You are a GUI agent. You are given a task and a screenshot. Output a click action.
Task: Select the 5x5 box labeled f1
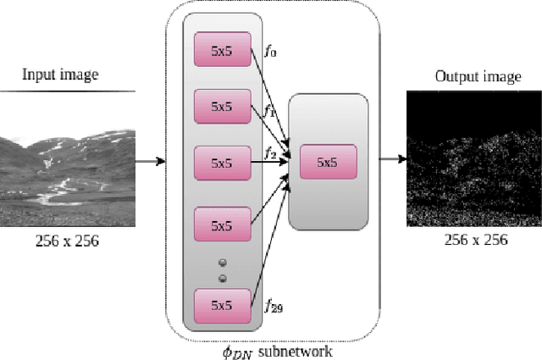coord(223,106)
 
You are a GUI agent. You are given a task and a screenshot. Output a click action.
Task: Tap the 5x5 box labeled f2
coord(223,162)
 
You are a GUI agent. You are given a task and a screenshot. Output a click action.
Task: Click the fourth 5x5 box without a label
coord(223,225)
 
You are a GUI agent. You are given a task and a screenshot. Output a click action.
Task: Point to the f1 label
coord(269,110)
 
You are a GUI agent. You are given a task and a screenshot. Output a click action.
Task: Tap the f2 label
coord(270,153)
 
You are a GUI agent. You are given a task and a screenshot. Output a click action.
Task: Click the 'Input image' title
coord(60,75)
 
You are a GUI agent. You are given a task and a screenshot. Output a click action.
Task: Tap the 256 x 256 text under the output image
coord(475,240)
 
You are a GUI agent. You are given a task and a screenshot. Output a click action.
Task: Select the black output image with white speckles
coord(474,159)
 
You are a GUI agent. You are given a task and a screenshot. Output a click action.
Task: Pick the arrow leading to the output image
coord(391,159)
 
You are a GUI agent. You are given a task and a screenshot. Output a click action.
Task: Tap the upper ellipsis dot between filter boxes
coord(223,263)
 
